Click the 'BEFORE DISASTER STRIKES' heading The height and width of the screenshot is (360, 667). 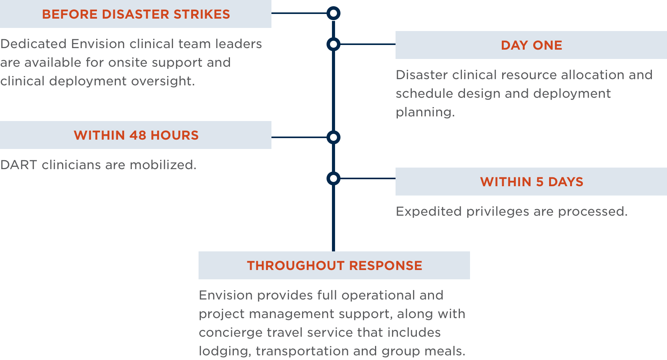tap(136, 14)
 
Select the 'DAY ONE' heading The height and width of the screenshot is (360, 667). tap(531, 45)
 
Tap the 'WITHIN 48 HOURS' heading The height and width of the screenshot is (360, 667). tap(136, 135)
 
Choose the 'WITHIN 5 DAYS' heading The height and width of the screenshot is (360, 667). tap(531, 182)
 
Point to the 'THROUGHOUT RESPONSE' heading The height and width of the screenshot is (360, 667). tap(334, 266)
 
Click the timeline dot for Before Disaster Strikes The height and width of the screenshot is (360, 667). tap(333, 13)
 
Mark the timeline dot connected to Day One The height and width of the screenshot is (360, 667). tap(333, 44)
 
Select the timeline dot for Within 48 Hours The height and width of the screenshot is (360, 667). tap(333, 137)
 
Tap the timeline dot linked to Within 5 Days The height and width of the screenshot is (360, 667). tap(333, 178)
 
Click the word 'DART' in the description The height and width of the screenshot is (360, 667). tap(19, 165)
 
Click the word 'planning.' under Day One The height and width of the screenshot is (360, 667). tap(425, 112)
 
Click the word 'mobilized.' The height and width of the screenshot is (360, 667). tap(163, 165)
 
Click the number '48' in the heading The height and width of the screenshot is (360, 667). tap(138, 135)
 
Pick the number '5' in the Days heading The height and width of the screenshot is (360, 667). tap(539, 182)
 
